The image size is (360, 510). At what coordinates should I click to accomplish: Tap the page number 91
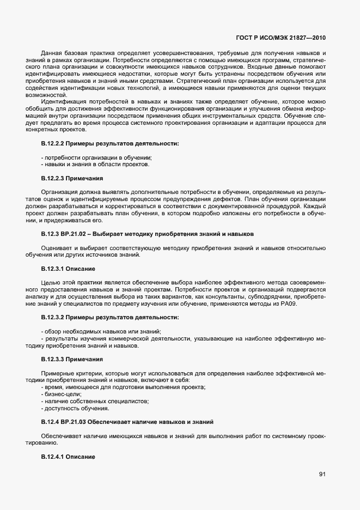322,475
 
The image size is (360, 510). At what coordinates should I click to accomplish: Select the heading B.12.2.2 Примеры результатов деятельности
109,143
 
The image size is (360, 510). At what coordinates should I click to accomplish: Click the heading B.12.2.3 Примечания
72,178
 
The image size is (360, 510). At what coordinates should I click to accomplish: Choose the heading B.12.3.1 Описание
69,269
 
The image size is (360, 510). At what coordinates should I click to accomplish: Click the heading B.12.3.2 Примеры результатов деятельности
109,317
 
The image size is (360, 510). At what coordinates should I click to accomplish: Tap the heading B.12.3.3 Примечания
72,360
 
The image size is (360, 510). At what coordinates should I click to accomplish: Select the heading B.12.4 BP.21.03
127,422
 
